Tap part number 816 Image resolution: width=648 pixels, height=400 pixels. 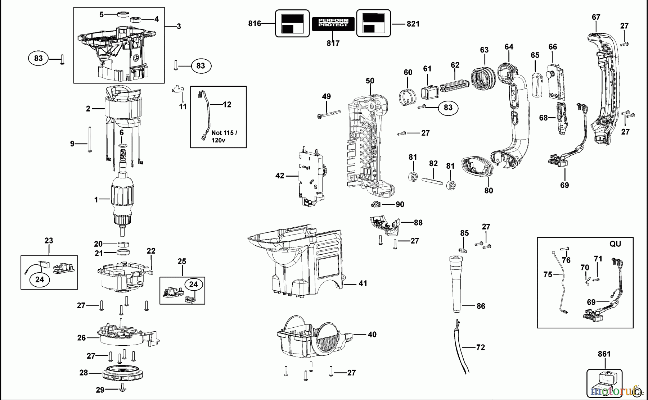pyautogui.click(x=255, y=24)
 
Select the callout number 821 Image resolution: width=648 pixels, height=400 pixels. pyautogui.click(x=413, y=24)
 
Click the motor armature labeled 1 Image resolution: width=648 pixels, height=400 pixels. pyautogui.click(x=122, y=201)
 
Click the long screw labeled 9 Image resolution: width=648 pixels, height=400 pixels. pyautogui.click(x=89, y=140)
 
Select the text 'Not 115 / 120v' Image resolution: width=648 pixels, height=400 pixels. pyautogui.click(x=224, y=136)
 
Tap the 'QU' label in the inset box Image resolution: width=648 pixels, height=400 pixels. pyautogui.click(x=615, y=244)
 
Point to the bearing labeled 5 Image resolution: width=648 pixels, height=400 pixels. pyautogui.click(x=123, y=14)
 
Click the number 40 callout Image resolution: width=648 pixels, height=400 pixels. pyautogui.click(x=372, y=335)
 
